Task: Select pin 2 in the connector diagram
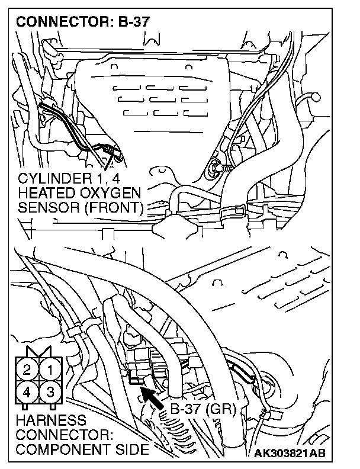[x=27, y=371]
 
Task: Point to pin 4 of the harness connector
[x=27, y=391]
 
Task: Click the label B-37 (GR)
[x=202, y=409]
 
